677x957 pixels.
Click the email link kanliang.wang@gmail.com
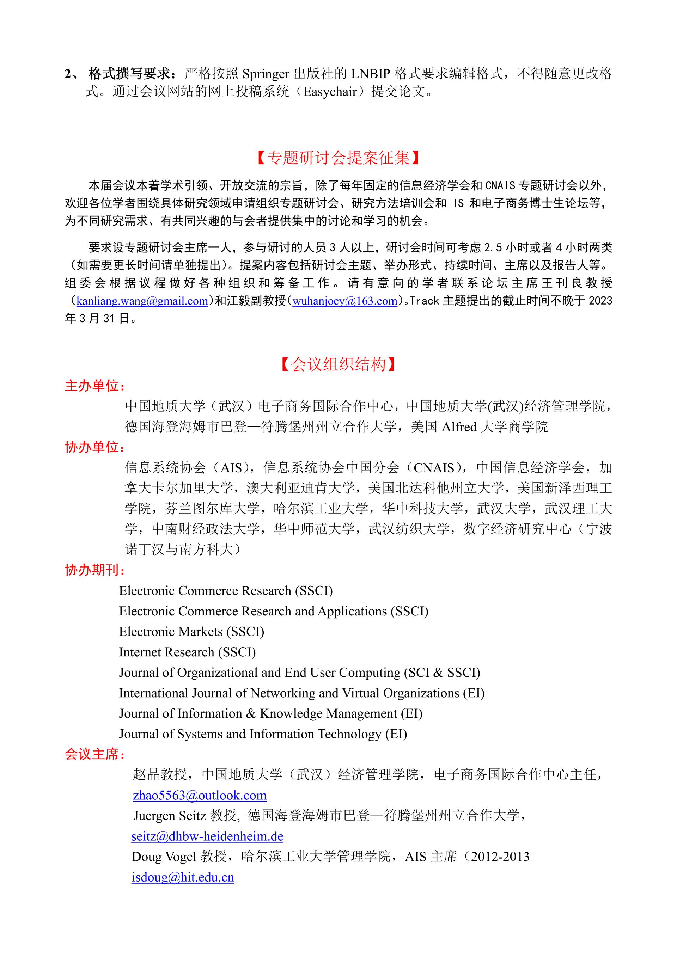point(142,301)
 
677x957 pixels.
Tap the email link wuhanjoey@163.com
point(345,301)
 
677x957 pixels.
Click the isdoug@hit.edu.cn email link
point(183,877)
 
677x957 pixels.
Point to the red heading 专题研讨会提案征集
point(338,158)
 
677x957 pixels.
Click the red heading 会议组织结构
point(338,364)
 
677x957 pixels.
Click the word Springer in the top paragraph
point(266,74)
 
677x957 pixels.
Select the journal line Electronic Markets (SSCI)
point(191,631)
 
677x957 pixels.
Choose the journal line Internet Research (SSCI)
point(187,652)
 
